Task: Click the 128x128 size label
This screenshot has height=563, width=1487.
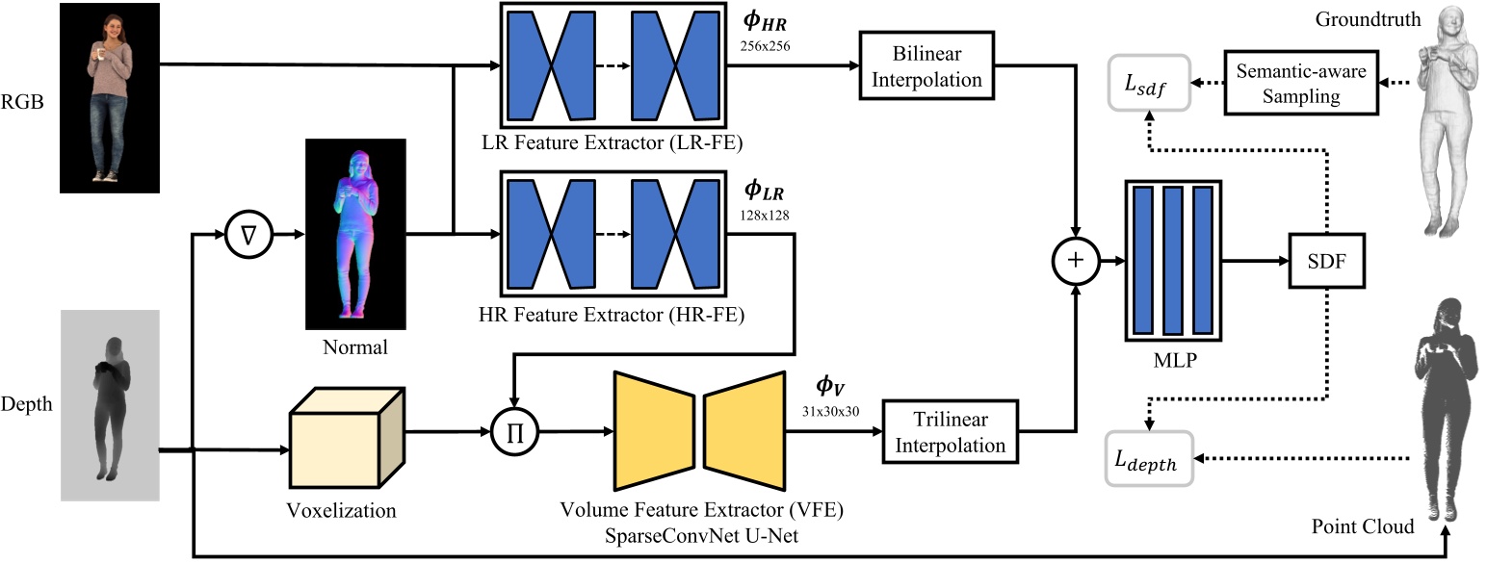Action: (765, 215)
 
